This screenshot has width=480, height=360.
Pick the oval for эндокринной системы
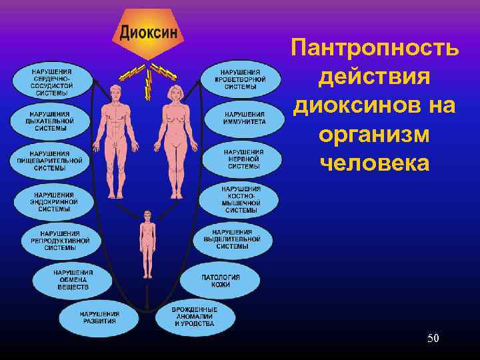point(53,201)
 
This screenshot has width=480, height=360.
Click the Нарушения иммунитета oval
point(243,118)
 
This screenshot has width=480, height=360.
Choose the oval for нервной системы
point(243,159)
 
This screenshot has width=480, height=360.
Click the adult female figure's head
point(176,92)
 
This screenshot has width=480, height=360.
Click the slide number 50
point(433,339)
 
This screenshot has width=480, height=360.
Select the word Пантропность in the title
point(374,49)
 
